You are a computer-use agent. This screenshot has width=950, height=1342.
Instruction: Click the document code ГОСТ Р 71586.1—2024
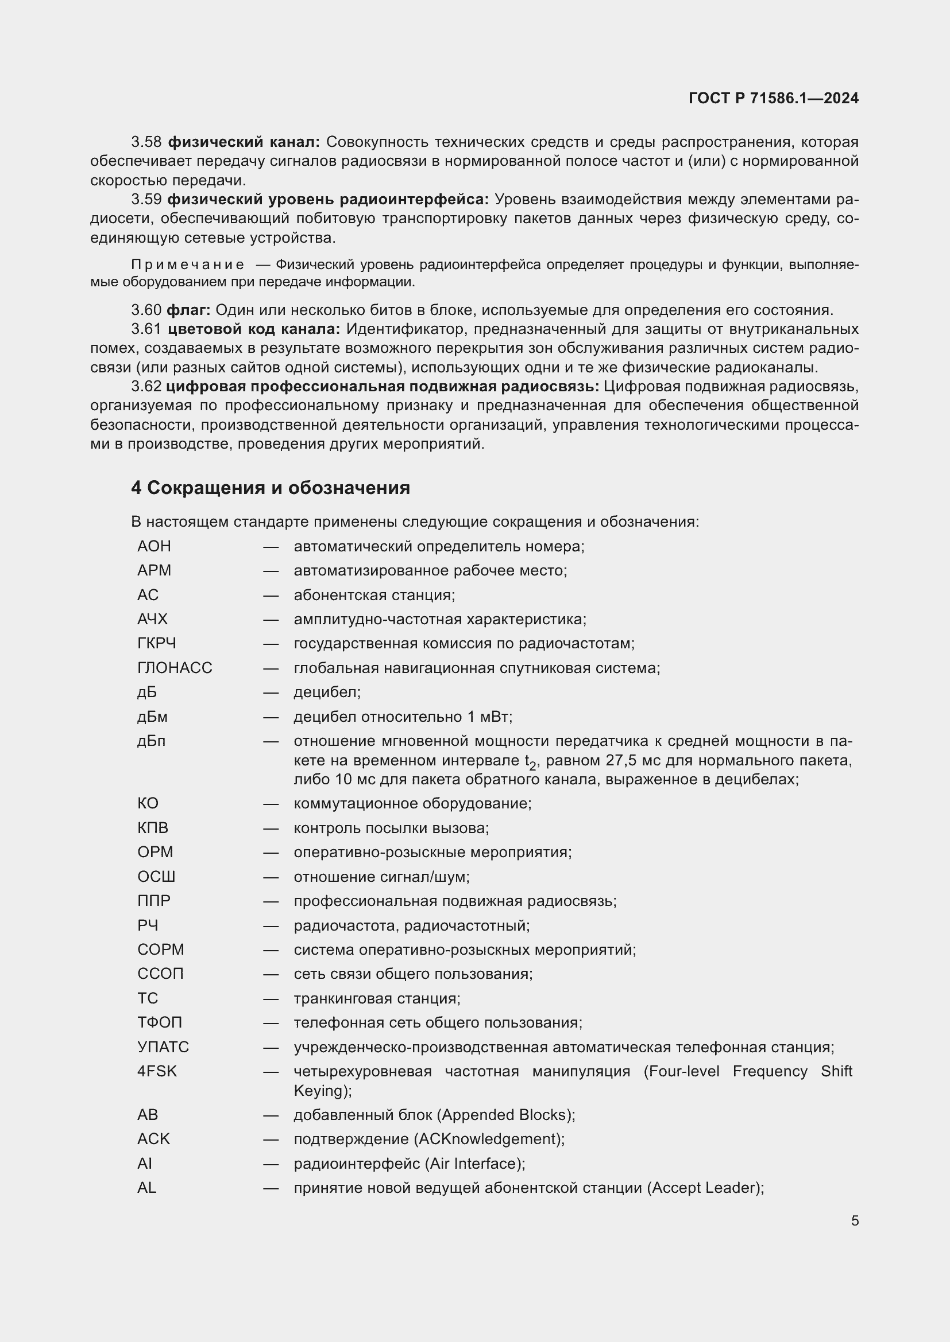tap(773, 98)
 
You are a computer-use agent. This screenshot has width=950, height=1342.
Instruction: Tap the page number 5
tap(855, 1221)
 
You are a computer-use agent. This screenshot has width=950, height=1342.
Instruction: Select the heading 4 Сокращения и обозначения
tap(271, 488)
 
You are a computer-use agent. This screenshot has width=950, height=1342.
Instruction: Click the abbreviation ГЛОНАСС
tap(175, 667)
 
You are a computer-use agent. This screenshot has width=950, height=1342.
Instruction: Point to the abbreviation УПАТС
tap(163, 1047)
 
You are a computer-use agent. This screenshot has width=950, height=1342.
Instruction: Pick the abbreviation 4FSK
tap(157, 1071)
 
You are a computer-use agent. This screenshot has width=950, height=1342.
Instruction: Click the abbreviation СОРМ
tap(160, 949)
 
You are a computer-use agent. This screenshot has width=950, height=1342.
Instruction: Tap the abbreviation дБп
tap(151, 741)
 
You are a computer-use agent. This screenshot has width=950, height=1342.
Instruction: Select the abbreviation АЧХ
tap(152, 619)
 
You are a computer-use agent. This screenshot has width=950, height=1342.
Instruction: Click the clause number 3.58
tap(146, 142)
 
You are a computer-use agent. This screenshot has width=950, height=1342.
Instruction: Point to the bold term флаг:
tap(188, 310)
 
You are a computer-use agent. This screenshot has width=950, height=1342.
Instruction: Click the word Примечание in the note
tap(188, 264)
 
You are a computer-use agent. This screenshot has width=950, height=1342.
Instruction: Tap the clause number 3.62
tap(146, 386)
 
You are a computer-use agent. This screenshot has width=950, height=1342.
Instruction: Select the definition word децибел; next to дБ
tap(327, 692)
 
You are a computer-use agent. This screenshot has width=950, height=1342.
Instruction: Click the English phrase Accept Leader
tap(705, 1188)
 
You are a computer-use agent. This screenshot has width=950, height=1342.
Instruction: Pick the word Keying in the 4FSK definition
tap(318, 1091)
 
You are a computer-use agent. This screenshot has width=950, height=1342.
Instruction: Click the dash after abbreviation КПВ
tap(271, 828)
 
